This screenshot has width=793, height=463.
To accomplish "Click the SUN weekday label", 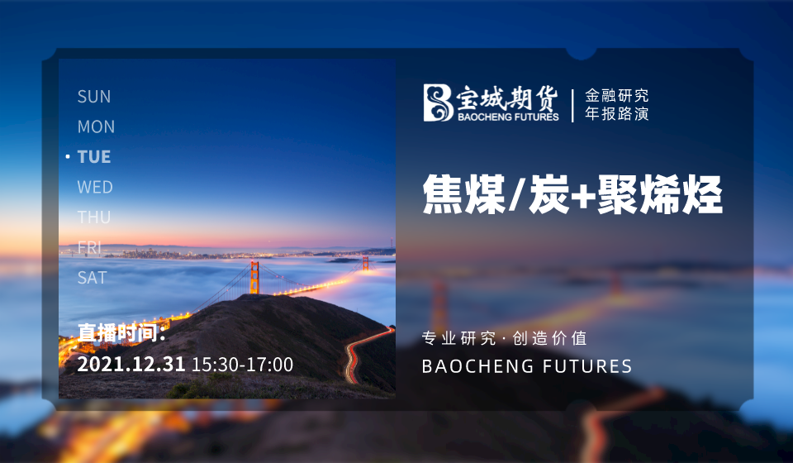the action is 94,97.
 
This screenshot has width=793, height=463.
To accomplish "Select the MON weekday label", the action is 96,126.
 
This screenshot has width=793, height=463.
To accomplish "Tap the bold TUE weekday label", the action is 94,157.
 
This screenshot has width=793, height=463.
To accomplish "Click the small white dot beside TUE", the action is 68,157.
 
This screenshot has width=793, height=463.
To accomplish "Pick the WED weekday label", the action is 95,187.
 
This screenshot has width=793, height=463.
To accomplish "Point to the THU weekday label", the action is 94,217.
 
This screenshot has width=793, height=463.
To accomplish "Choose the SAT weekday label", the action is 92,277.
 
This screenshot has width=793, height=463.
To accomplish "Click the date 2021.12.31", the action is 131,365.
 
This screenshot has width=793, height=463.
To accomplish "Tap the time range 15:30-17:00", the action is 242,365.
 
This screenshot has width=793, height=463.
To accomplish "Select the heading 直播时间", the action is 121,332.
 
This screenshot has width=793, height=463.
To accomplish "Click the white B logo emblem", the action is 438,103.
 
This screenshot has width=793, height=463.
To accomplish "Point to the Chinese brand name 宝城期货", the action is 507,98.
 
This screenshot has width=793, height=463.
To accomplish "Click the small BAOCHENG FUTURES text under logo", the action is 508,117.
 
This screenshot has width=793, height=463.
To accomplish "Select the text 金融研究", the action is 616,95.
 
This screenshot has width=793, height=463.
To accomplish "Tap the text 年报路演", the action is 616,113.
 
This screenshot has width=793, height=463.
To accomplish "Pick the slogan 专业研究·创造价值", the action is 504,338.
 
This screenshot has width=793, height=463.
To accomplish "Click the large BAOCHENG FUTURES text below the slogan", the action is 527,365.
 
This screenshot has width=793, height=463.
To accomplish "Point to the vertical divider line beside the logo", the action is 572,105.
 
